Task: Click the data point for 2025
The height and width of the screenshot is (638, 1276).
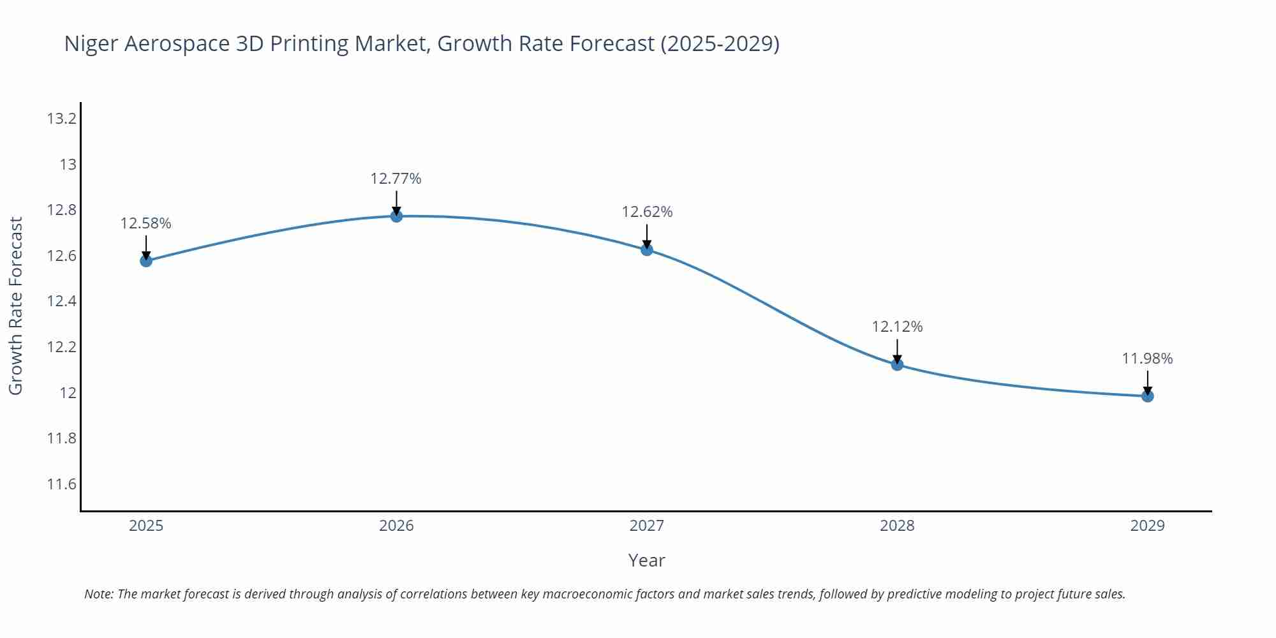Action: (x=146, y=260)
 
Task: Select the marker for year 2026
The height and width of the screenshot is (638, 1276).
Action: (x=396, y=216)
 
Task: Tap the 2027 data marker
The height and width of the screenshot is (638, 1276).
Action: (x=647, y=249)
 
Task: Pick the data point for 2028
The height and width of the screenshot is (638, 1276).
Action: (x=897, y=365)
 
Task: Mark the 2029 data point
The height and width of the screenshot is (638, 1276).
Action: (x=1147, y=396)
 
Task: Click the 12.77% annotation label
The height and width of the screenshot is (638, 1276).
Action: (x=396, y=179)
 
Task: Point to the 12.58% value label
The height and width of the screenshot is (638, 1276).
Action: (x=145, y=223)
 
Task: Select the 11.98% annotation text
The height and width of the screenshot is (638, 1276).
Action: (x=1147, y=359)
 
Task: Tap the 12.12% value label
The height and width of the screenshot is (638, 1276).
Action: (x=897, y=327)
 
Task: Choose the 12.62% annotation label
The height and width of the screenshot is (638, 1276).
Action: (x=647, y=212)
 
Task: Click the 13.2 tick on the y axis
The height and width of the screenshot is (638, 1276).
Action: (x=61, y=119)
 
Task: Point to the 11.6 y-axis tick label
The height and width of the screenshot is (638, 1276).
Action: (x=61, y=484)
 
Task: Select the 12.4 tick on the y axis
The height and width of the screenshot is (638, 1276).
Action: (x=61, y=301)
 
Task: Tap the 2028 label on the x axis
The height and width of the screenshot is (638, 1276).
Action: (x=897, y=526)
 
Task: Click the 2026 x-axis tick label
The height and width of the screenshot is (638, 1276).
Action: (x=396, y=526)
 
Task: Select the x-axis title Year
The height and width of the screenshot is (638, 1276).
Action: (x=646, y=560)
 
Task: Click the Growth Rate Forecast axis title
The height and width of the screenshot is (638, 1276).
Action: (x=16, y=306)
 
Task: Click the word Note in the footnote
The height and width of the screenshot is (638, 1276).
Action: (x=98, y=594)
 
